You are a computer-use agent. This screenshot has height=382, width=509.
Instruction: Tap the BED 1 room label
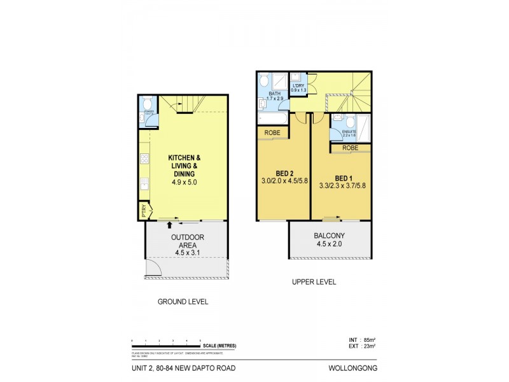341,178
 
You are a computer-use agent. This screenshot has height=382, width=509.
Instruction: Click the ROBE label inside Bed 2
272,133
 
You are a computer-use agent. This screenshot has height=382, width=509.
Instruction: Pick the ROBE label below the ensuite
349,148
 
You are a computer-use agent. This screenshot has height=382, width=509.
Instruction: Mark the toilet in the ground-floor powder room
146,104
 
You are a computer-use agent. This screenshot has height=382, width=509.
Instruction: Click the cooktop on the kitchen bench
144,158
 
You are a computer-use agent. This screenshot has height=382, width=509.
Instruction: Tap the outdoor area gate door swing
154,270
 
